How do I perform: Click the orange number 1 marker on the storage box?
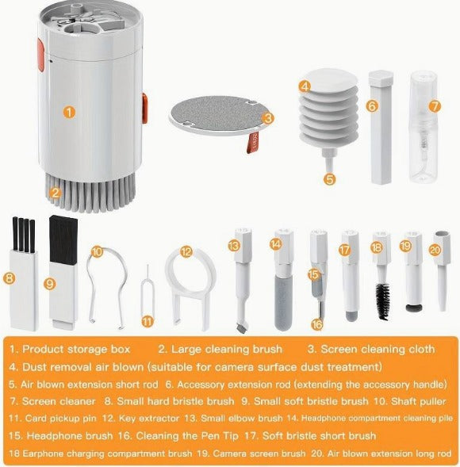click(x=70, y=112)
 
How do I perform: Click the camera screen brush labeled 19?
click(x=411, y=274)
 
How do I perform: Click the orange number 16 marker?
click(x=316, y=323)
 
